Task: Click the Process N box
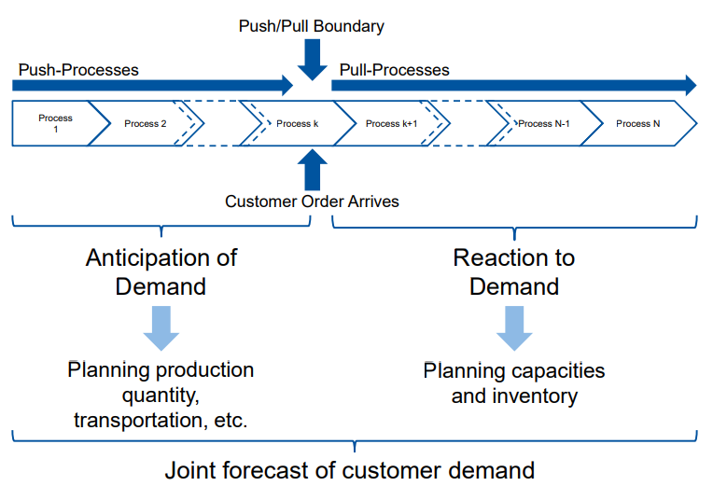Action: [638, 123]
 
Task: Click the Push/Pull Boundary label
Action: [312, 26]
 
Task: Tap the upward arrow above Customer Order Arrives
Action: [312, 171]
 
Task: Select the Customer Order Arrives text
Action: [312, 201]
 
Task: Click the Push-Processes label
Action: [78, 70]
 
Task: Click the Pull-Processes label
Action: [394, 70]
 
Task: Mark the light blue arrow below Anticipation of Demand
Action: [161, 327]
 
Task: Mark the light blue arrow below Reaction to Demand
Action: [513, 327]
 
